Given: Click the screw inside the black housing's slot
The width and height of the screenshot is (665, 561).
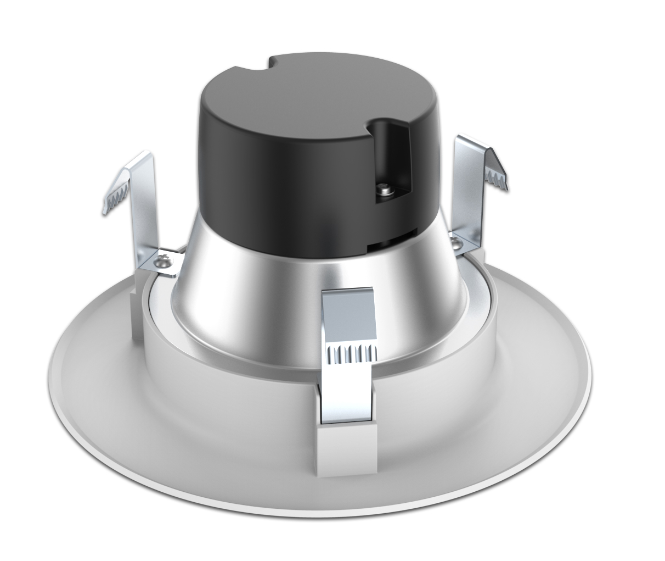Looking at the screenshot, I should pos(384,190).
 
